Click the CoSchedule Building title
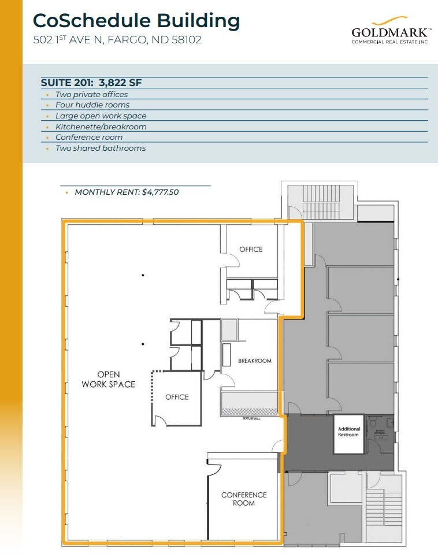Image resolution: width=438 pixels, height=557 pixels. pos(136,21)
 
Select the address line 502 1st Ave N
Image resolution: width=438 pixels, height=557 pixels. pos(117,40)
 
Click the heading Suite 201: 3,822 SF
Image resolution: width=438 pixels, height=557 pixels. pos(91,83)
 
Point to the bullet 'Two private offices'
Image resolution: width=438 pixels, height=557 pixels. pos(91,94)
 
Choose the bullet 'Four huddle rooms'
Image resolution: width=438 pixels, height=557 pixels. pos(92,105)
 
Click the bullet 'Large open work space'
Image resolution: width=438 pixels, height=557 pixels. pos(101,116)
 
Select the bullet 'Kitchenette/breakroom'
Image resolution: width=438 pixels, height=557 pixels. pos(101,127)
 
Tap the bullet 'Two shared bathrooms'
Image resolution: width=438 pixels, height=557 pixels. pos(100,148)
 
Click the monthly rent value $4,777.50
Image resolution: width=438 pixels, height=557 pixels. pos(160,192)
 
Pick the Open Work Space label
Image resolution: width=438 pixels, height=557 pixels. pos(109,380)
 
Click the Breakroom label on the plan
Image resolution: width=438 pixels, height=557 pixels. pos(254,361)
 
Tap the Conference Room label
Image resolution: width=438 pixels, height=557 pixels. pos(244,499)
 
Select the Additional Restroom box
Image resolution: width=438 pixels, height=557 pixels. pos(349,433)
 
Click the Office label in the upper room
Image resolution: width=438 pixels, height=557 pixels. pos(251,250)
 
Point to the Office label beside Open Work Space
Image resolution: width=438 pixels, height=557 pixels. pos(177,397)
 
